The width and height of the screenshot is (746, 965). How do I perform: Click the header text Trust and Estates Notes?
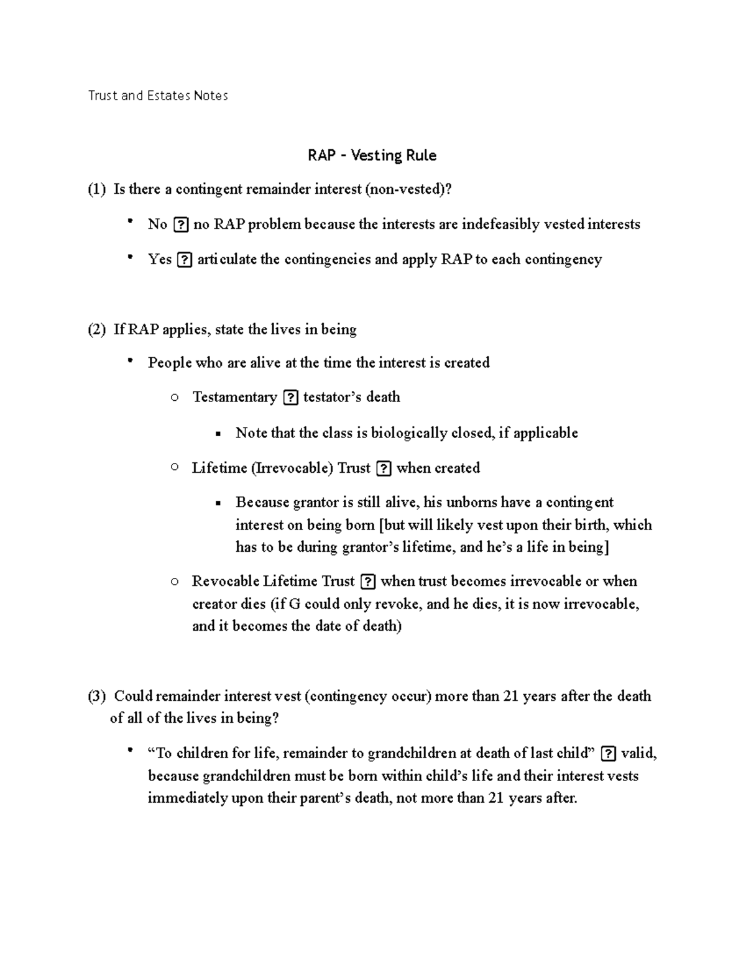158,96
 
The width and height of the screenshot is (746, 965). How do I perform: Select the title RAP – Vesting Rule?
372,155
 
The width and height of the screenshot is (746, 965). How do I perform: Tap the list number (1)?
96,190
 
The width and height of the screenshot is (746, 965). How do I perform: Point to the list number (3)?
96,696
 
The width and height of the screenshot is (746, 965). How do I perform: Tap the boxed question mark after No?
180,225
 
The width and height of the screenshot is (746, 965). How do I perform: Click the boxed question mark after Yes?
184,260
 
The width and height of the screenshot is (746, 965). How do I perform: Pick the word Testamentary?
234,397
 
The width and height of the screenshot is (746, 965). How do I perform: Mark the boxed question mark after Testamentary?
290,398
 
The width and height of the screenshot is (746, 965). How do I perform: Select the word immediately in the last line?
188,798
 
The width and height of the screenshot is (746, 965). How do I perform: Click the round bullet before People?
130,361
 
